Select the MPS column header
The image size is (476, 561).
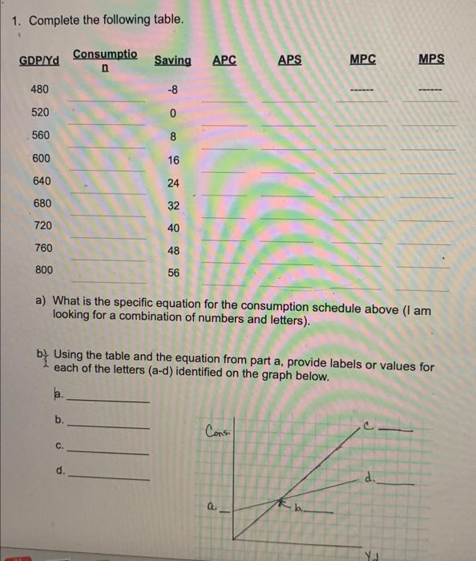(431, 60)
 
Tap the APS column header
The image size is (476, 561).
(290, 60)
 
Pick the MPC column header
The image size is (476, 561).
(363, 60)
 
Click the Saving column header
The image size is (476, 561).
(172, 61)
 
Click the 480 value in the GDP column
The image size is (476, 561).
(40, 89)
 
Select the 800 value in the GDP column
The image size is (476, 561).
(44, 271)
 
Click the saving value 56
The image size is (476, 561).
(174, 273)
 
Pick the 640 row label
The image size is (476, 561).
(42, 180)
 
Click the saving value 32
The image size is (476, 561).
(174, 205)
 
